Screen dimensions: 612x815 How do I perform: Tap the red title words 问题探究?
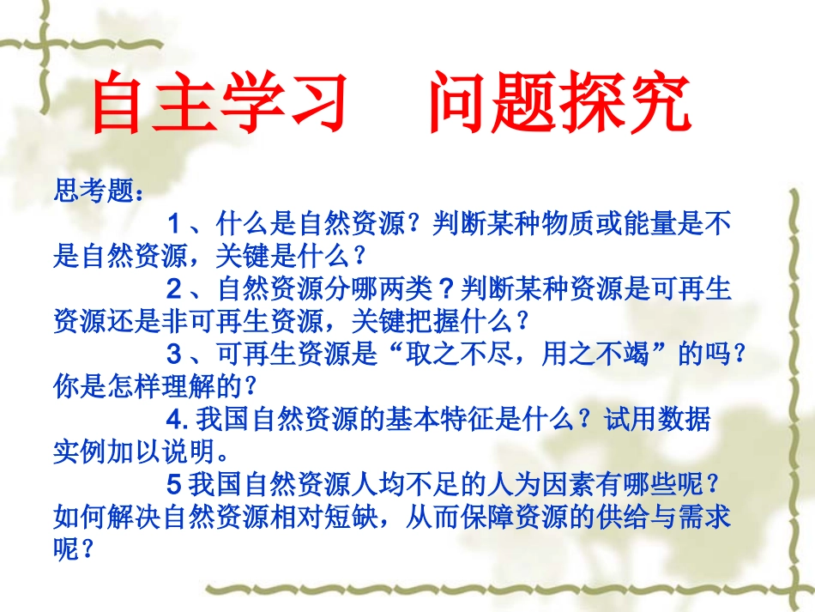(x=559, y=106)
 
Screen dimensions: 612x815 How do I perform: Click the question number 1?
(x=174, y=225)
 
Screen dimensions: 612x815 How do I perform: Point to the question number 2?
(x=174, y=288)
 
